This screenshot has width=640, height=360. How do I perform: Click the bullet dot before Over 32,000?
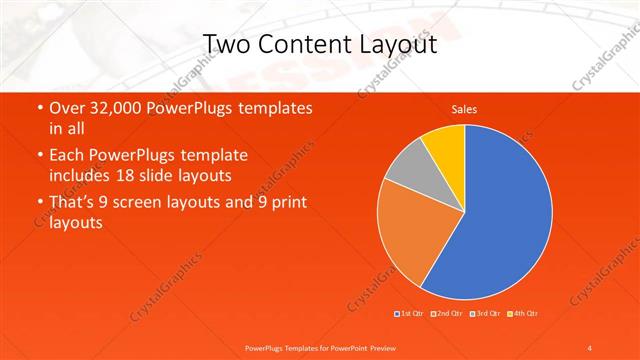pyautogui.click(x=38, y=107)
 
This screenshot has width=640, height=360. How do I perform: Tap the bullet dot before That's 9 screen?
pyautogui.click(x=38, y=203)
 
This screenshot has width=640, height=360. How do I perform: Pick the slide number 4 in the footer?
pyautogui.click(x=590, y=347)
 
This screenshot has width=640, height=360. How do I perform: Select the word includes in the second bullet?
pyautogui.click(x=85, y=174)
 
